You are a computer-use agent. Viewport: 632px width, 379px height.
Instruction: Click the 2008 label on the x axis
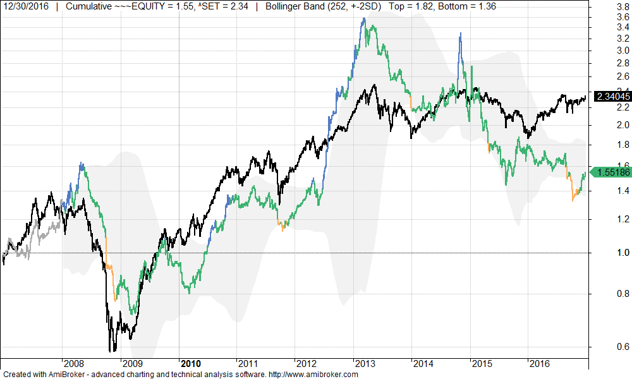tap(74, 363)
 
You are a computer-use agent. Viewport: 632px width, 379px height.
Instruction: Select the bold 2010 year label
tap(190, 363)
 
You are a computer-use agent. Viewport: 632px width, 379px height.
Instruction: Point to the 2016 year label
tap(539, 363)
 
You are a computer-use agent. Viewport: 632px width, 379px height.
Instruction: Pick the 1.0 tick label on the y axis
tap(605, 253)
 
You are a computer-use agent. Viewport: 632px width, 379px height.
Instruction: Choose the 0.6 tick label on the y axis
tap(605, 346)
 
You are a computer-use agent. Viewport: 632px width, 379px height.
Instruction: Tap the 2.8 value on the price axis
tap(605, 63)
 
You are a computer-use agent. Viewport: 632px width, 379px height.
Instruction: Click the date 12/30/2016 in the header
tap(25, 6)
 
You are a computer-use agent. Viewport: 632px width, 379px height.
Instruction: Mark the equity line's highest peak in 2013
tap(364, 19)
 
